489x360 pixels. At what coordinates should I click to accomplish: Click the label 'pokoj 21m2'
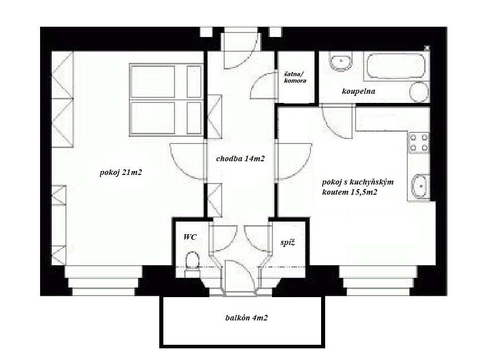(121, 172)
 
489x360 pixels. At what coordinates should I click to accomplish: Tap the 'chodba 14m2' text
(240, 159)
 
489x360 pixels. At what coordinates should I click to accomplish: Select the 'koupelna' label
(358, 91)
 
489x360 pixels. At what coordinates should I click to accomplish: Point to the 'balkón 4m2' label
(247, 318)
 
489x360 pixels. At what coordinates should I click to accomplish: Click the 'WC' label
(190, 237)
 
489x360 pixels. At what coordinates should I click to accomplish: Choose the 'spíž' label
(288, 242)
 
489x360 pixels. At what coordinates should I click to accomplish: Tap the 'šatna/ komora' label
(295, 77)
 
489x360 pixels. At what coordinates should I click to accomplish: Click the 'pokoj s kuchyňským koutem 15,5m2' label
(358, 187)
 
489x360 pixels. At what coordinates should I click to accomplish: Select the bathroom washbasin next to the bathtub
(340, 62)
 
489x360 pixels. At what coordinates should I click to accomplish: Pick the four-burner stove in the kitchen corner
(419, 142)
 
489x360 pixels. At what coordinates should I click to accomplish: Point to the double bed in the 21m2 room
(166, 100)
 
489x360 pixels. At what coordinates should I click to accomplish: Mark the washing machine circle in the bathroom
(419, 92)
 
